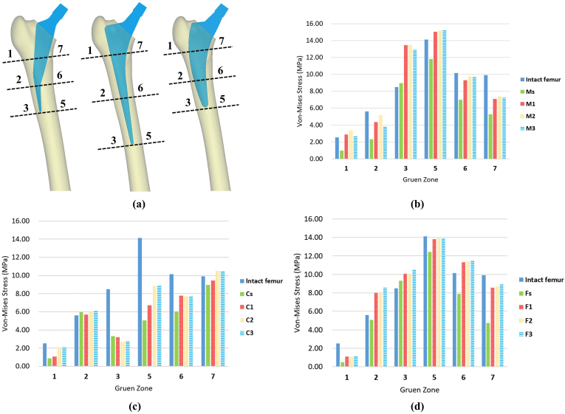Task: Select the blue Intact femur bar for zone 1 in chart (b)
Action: coord(338,148)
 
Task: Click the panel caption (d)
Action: coord(422,404)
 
